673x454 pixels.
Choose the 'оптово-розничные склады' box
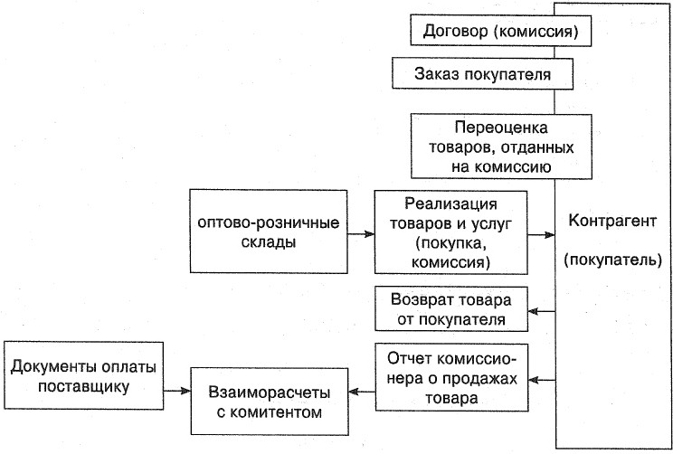pos(268,232)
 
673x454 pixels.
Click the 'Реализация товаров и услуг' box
pos(450,232)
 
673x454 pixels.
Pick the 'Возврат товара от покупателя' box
pos(451,308)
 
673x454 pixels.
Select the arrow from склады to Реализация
pos(359,233)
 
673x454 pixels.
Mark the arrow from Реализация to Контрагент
pos(542,233)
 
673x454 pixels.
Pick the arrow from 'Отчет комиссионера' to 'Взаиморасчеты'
pos(361,392)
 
